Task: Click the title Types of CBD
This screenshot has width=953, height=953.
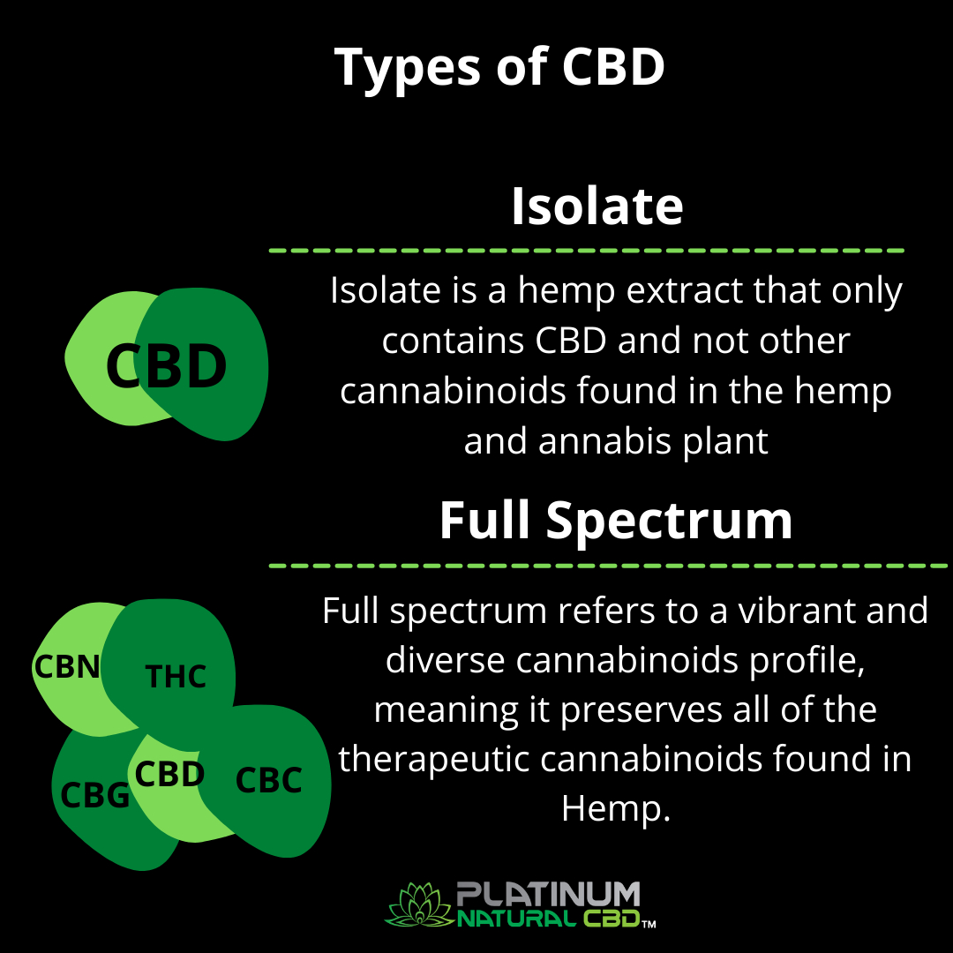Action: pos(499,68)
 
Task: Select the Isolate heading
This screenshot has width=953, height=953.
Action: pos(597,206)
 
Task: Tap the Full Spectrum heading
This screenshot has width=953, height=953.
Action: pos(616,521)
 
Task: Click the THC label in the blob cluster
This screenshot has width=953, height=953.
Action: pos(176,677)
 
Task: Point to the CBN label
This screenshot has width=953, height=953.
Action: pos(67,666)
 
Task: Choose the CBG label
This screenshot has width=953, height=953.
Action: pos(94,796)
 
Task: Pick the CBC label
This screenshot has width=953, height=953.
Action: pos(269,780)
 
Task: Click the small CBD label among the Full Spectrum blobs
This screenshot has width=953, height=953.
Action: pos(170,775)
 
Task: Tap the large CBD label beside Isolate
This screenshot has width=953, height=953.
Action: pos(166,367)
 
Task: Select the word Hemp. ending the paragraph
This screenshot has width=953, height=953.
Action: pos(616,810)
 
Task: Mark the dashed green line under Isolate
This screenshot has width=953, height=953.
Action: pos(586,251)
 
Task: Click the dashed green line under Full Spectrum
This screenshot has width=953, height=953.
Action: pos(609,565)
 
